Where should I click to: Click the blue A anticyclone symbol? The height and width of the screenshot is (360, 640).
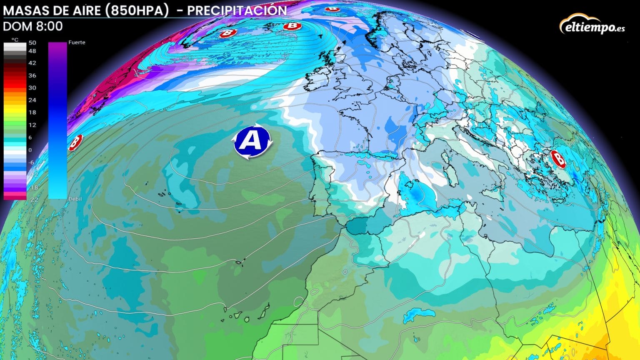[x=252, y=142]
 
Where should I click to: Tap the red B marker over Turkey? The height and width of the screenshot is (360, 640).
[x=558, y=159]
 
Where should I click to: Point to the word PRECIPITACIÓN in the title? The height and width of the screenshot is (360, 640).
[x=237, y=11]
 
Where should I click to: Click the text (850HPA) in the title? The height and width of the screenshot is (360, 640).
[x=137, y=11]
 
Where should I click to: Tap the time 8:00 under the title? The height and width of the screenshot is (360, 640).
[x=49, y=26]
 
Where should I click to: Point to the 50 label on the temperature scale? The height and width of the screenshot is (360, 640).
[x=32, y=43]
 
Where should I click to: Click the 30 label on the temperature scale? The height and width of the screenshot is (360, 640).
[x=32, y=88]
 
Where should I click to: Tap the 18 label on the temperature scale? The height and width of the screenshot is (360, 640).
[x=32, y=112]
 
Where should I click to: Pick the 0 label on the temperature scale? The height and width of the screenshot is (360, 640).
[x=30, y=150]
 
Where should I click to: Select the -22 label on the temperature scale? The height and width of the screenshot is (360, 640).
[x=32, y=200]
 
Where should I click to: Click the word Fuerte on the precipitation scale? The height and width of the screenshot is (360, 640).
[x=77, y=42]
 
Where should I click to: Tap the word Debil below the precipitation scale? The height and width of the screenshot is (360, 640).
[x=75, y=199]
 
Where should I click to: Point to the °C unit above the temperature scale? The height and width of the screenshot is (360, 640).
[x=15, y=40]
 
